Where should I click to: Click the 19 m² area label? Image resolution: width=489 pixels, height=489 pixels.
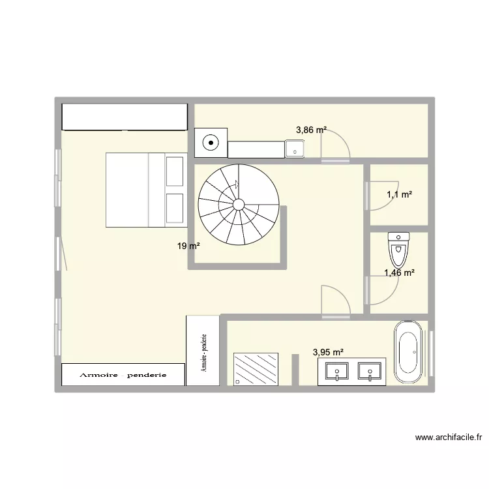[x=188, y=246]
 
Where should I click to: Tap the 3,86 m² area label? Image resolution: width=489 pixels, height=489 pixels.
[x=311, y=130]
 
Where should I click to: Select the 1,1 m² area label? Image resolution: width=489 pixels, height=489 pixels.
[x=399, y=194]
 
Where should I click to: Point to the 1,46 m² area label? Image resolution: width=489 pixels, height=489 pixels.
[x=399, y=273]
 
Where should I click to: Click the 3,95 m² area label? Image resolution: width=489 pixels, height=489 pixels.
[x=328, y=352]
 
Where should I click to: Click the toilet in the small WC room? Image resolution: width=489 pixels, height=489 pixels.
[x=397, y=244]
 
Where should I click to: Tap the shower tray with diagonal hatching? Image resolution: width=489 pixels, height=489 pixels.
[x=256, y=369]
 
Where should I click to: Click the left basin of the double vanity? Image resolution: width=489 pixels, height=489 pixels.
[x=336, y=372]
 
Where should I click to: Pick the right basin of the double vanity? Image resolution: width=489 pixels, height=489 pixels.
[x=370, y=372]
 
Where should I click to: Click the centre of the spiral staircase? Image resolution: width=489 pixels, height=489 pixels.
[x=239, y=204]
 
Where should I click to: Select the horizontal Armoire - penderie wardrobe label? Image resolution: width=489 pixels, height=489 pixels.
[x=123, y=375]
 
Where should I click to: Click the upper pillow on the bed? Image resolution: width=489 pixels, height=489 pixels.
[x=175, y=171]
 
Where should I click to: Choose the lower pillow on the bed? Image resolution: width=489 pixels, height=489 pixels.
[x=175, y=208]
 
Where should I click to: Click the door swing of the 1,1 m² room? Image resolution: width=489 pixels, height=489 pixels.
[x=381, y=196]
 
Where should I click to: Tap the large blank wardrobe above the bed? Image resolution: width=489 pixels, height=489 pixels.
[x=124, y=117]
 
